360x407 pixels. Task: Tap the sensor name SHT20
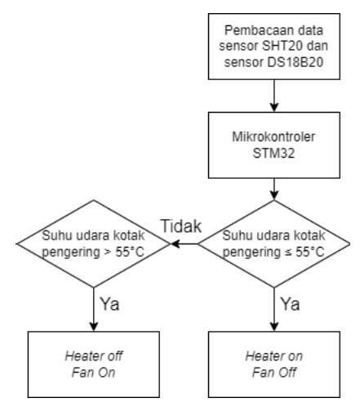(282, 46)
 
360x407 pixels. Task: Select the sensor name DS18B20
(296, 62)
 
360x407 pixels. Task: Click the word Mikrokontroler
(273, 136)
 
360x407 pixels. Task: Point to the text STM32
(273, 153)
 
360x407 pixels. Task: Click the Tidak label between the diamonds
(181, 226)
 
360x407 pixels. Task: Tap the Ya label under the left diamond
(109, 304)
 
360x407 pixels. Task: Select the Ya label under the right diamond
(290, 304)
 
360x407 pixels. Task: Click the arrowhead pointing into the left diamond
(176, 244)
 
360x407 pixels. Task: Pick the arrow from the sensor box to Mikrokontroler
(274, 96)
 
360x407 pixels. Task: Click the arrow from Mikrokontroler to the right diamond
(274, 189)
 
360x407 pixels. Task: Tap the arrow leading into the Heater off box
(94, 310)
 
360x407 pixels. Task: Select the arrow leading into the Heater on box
(274, 310)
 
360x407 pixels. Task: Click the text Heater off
(94, 356)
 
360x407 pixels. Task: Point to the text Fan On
(94, 373)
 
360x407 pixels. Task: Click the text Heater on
(274, 356)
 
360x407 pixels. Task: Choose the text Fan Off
(274, 373)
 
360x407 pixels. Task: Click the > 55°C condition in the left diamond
(124, 252)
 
